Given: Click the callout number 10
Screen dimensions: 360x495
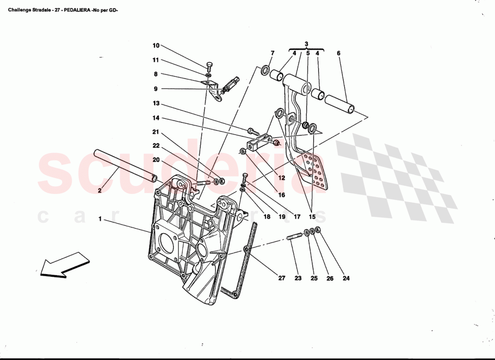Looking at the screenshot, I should point(156,45).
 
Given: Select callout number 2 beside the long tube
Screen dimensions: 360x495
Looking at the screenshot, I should point(99,191).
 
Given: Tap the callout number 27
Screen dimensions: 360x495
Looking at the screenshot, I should point(282,278).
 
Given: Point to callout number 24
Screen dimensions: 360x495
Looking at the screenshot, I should point(346,278).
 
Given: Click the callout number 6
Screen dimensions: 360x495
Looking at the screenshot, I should point(338,53).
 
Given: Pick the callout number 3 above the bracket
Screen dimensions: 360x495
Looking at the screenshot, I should point(306,44).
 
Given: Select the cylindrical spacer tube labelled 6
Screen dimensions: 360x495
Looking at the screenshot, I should point(340,104).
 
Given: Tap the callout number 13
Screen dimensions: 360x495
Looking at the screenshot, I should point(156,103).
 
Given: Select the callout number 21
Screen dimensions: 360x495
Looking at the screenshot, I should point(156,132).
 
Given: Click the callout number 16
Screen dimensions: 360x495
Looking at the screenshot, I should point(281,195).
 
